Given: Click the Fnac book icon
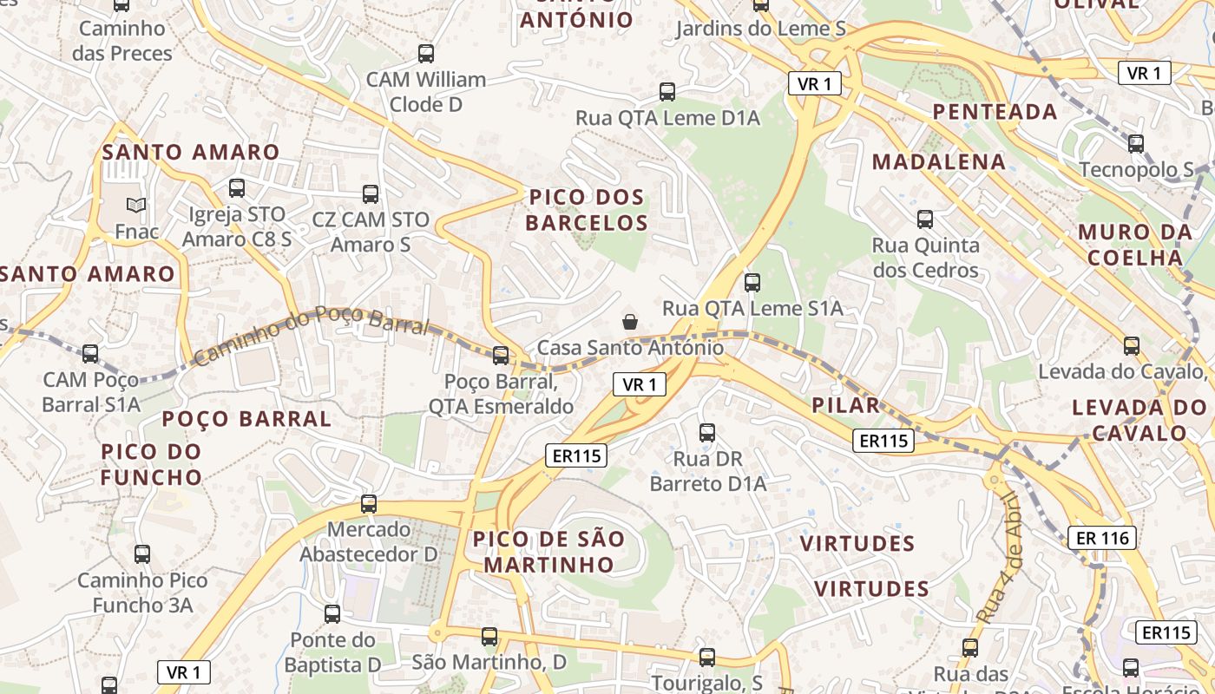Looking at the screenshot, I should [x=136, y=206].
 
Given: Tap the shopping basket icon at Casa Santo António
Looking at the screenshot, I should [x=630, y=322].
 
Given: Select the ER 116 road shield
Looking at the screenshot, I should [x=1102, y=538].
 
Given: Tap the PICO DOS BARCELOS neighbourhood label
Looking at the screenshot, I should [x=587, y=210].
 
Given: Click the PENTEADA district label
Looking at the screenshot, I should [x=995, y=111].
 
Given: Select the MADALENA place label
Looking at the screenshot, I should [x=939, y=161].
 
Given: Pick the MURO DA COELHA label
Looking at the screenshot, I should [x=1135, y=245].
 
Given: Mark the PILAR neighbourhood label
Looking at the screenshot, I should [x=845, y=405].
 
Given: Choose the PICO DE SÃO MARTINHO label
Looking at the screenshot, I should [x=548, y=552].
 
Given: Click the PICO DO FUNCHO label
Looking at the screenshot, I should [x=151, y=464].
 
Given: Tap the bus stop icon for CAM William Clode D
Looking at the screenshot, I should [x=425, y=54].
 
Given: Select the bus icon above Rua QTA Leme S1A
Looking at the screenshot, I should [x=752, y=282].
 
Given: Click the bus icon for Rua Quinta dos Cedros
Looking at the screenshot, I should [x=925, y=219].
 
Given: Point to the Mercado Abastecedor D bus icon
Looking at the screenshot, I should [x=369, y=504].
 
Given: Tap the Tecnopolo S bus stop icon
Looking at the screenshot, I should [x=1136, y=144].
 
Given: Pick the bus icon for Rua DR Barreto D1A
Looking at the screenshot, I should [x=707, y=433].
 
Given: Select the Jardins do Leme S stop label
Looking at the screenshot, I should [x=760, y=29].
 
